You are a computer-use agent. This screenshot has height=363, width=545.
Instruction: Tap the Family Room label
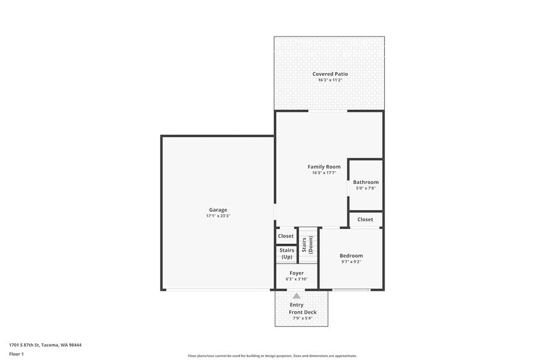click(x=324, y=167)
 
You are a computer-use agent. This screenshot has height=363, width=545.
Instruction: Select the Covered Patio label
click(x=329, y=74)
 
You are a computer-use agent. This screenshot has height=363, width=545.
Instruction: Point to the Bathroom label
click(x=366, y=182)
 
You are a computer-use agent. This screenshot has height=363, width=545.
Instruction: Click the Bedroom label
click(x=351, y=256)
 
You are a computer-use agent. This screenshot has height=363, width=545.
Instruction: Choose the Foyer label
click(x=297, y=273)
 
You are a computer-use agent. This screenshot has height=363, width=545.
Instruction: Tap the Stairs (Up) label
click(x=287, y=253)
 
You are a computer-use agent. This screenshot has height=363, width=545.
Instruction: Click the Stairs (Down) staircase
click(x=307, y=245)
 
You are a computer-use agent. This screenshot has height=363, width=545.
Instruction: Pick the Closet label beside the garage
click(x=286, y=236)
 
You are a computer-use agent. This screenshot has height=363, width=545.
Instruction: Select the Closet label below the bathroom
click(x=365, y=219)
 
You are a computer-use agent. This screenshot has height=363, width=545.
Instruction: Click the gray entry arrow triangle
click(x=297, y=296)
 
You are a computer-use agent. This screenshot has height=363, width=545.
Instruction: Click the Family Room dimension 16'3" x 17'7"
click(x=324, y=173)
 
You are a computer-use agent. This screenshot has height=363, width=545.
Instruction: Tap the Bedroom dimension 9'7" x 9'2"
click(x=351, y=262)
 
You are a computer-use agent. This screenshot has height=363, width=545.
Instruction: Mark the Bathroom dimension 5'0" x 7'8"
click(x=366, y=188)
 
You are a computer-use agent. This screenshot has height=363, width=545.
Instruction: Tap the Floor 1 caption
click(x=16, y=354)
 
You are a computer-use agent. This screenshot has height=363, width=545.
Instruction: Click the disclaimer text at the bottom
click(x=272, y=356)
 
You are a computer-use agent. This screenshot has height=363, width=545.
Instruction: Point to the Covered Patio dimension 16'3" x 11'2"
click(x=329, y=80)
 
